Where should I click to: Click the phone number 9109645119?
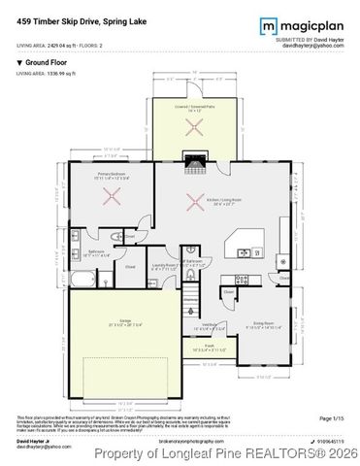coord(326,439)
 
